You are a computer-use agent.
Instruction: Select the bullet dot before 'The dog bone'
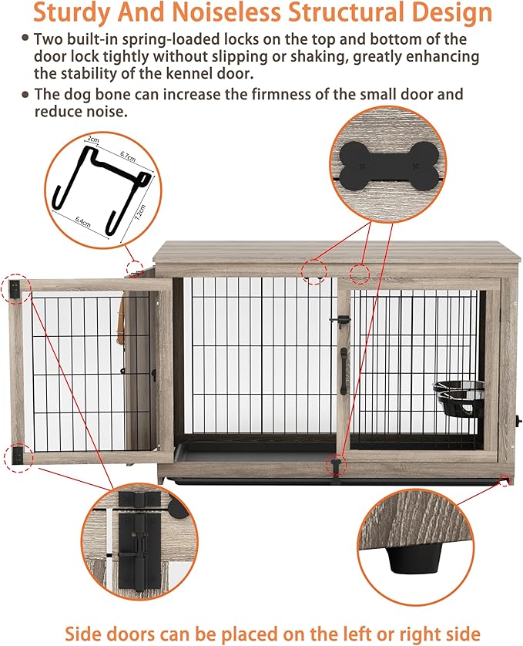[25, 94]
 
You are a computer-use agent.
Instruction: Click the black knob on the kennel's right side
[518, 421]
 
